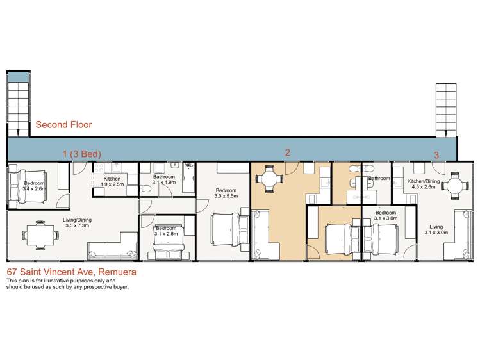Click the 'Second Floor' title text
(63, 124)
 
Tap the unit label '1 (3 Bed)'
(82, 154)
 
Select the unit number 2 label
(287, 152)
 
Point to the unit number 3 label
(436, 155)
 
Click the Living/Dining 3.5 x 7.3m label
(77, 223)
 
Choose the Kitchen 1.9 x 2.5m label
(112, 181)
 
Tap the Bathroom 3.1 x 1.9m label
(164, 179)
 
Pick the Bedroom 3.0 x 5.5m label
(226, 193)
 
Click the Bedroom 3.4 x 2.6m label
(35, 186)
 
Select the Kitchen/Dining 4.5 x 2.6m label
(424, 184)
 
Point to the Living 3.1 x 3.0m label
(436, 229)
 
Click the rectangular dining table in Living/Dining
(40, 235)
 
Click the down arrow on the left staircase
(18, 133)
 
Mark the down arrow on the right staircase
(446, 133)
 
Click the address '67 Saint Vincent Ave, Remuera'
(72, 272)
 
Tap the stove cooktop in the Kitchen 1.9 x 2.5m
(99, 168)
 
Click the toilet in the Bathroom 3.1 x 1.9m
(145, 190)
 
